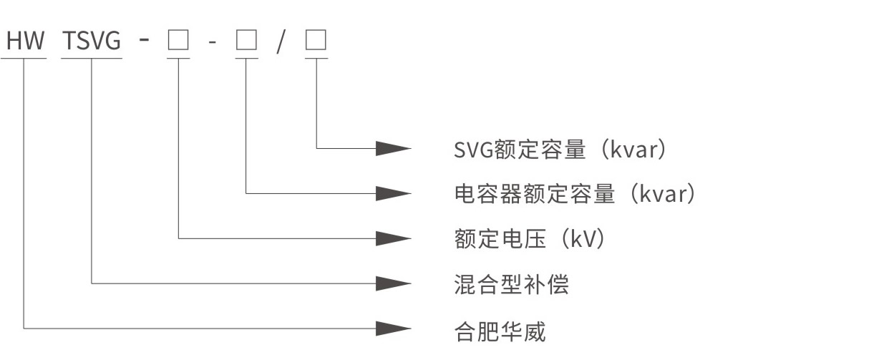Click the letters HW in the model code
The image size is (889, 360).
(26, 42)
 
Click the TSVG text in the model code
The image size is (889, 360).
(92, 42)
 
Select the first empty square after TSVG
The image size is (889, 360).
(178, 42)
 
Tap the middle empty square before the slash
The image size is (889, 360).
(246, 42)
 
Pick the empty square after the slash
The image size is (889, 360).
(316, 42)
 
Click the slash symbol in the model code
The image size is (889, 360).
(281, 42)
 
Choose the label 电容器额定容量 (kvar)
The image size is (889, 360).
(575, 194)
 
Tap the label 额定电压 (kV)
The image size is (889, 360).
(530, 239)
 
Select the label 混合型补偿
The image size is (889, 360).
(511, 284)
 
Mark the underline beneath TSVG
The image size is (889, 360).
(92, 59)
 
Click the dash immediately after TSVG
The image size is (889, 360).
(145, 41)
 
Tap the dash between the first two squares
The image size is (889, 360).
(212, 43)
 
